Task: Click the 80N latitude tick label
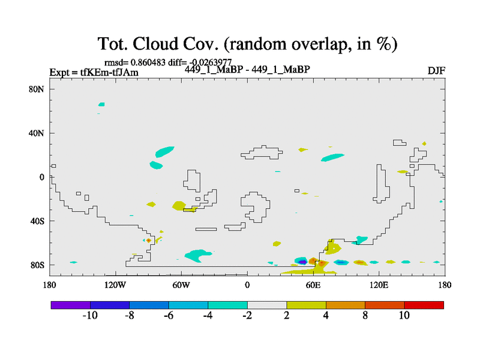[x=37, y=89]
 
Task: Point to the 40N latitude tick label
[x=37, y=133]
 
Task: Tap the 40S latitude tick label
[x=37, y=221]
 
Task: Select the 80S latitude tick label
[x=37, y=265]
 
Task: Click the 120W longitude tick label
[x=115, y=286]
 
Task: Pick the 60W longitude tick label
[x=181, y=286]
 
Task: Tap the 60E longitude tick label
[x=313, y=286]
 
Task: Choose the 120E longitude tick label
[x=379, y=286]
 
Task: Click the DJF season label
[x=436, y=71]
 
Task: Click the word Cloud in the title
[x=155, y=44]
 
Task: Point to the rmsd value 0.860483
[x=148, y=62]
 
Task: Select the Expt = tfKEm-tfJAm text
[x=94, y=73]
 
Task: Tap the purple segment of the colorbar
[x=71, y=305]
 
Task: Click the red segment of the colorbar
[x=424, y=305]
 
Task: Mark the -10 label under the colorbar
[x=91, y=316]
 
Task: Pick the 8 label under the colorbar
[x=365, y=316]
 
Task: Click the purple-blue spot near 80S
[x=302, y=262]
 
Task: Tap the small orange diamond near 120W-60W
[x=148, y=241]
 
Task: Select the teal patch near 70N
[x=101, y=104]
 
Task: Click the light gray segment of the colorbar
[x=267, y=305]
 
